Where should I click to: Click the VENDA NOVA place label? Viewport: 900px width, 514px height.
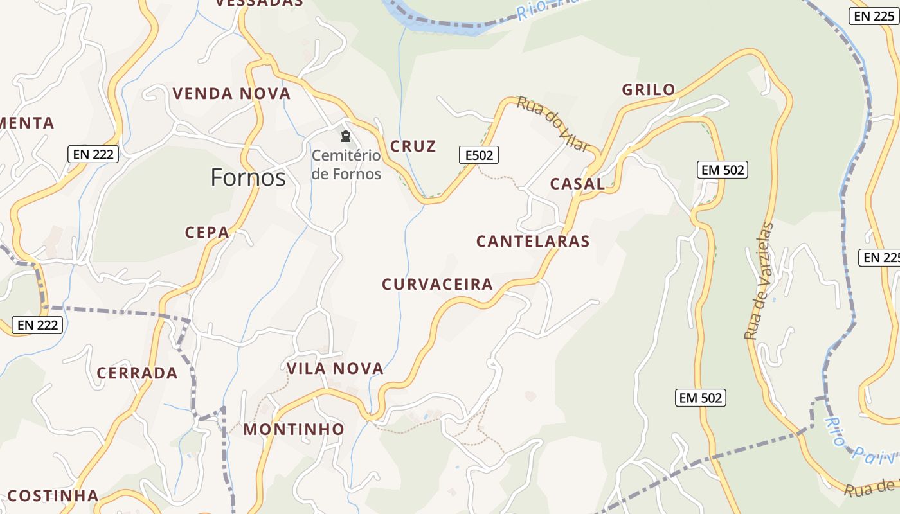231,94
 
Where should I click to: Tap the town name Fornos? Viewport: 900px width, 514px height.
248,177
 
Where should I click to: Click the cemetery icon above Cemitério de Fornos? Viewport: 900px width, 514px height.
346,136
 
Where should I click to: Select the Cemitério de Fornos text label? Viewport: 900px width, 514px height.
346,164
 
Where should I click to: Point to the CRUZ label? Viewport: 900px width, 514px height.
413,146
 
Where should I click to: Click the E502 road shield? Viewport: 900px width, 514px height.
479,154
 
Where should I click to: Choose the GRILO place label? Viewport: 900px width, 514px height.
649,90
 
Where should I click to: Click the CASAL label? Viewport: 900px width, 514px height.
577,184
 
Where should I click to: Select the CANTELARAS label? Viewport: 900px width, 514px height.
533,242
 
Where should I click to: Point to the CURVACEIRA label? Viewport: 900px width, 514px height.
437,285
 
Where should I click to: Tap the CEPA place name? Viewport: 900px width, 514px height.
207,233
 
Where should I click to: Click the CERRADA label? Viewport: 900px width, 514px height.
137,373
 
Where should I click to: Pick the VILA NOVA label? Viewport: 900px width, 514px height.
335,369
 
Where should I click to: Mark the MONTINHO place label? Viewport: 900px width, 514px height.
294,429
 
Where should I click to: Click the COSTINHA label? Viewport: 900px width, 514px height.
53,496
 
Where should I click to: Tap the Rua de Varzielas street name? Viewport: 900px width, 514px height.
759,281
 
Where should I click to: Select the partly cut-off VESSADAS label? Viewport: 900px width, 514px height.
259,3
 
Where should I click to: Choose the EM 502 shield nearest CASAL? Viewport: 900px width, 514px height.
723,170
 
